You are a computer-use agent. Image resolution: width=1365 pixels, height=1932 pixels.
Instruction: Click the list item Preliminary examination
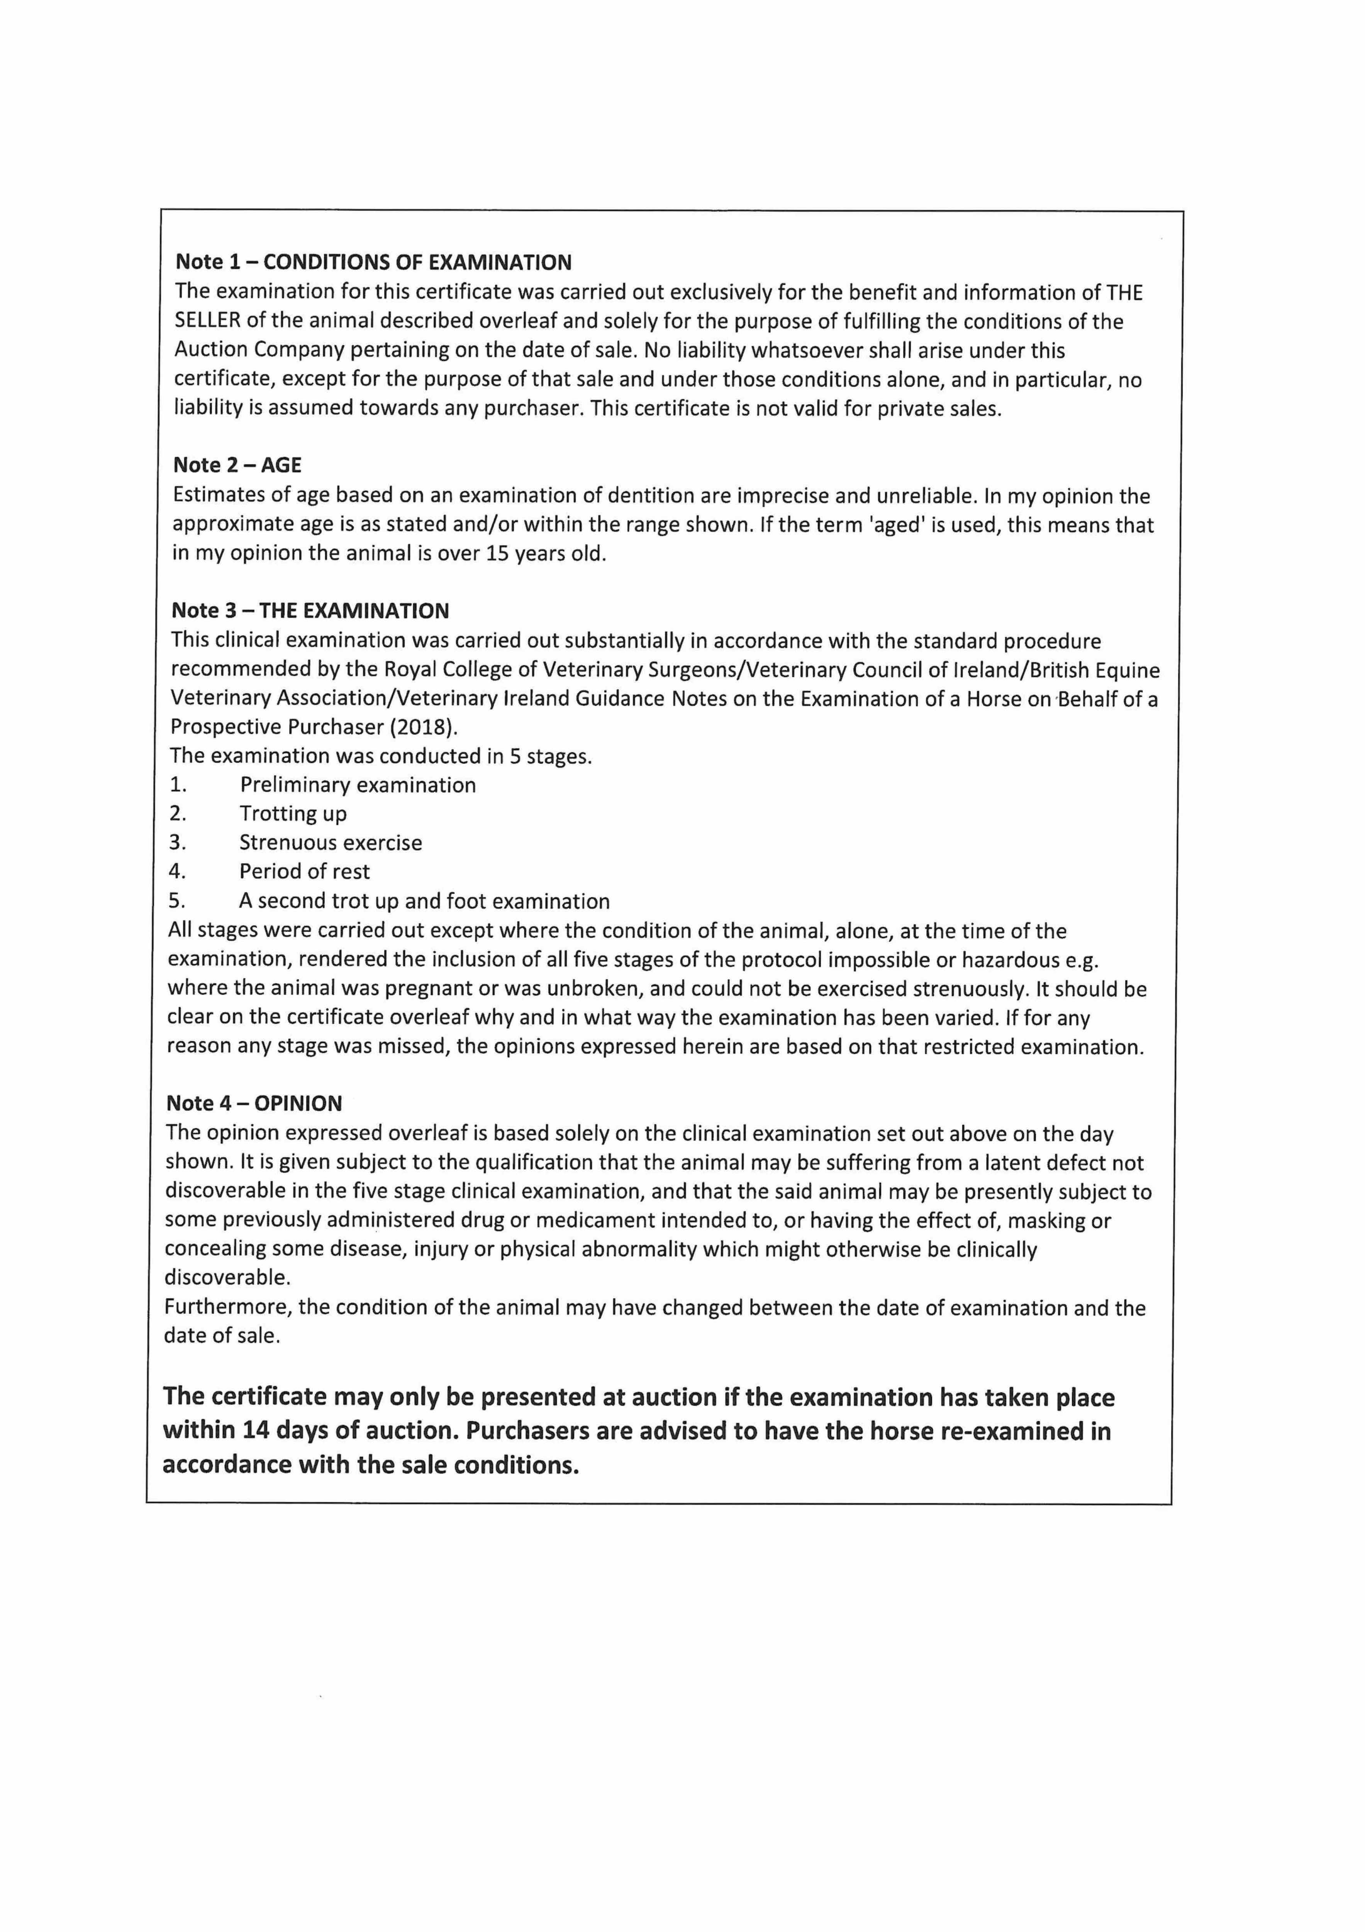click(x=358, y=785)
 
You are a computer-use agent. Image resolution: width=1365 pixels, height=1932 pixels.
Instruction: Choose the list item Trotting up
click(x=293, y=814)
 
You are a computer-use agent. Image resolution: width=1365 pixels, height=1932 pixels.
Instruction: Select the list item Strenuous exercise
click(x=331, y=842)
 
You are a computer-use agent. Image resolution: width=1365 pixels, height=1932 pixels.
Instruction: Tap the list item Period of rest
click(x=304, y=872)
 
